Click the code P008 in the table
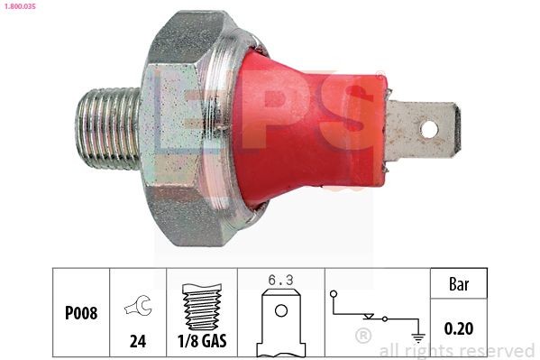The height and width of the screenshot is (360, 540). (x=80, y=315)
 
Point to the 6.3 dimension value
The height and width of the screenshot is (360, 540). (x=280, y=281)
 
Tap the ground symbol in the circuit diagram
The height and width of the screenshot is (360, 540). (x=417, y=337)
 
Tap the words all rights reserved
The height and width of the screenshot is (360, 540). (x=457, y=350)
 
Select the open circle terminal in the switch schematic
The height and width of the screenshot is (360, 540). (x=334, y=293)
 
